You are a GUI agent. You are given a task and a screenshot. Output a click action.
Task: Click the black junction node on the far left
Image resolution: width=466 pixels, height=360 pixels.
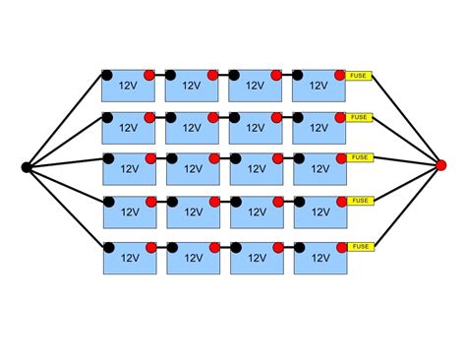click(27, 166)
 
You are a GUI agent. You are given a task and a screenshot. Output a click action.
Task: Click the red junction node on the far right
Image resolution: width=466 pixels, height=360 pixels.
click(440, 164)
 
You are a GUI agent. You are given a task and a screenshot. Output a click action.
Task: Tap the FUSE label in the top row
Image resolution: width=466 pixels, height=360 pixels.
click(360, 75)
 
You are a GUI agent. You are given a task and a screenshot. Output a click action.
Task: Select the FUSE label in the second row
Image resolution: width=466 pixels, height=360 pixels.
click(360, 116)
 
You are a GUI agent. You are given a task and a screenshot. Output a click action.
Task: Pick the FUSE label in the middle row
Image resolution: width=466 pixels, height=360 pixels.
click(360, 157)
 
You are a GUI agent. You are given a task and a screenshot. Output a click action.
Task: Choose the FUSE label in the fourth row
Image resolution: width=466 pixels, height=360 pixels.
click(360, 202)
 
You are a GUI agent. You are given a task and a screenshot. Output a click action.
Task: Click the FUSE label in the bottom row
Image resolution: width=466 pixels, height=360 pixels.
click(360, 247)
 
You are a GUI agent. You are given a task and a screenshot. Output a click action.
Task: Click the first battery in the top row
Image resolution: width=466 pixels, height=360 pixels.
click(129, 87)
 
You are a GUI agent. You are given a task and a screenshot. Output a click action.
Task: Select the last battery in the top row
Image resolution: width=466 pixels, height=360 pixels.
click(320, 87)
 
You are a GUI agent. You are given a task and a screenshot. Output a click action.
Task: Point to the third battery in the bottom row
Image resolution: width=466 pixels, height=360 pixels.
click(256, 258)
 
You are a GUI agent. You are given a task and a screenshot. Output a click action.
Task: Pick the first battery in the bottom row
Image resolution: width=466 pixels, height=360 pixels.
click(129, 258)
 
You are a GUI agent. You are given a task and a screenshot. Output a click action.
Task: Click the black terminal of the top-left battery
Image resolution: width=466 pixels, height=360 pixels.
click(107, 75)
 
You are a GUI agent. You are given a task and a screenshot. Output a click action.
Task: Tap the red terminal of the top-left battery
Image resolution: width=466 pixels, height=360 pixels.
click(149, 75)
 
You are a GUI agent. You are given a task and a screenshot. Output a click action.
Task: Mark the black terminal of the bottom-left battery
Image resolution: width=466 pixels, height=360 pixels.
click(107, 247)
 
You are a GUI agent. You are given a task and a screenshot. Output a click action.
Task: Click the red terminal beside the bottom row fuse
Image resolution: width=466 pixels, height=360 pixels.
click(340, 247)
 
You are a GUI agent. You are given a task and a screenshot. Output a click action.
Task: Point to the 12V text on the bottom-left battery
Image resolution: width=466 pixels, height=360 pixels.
click(127, 260)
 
